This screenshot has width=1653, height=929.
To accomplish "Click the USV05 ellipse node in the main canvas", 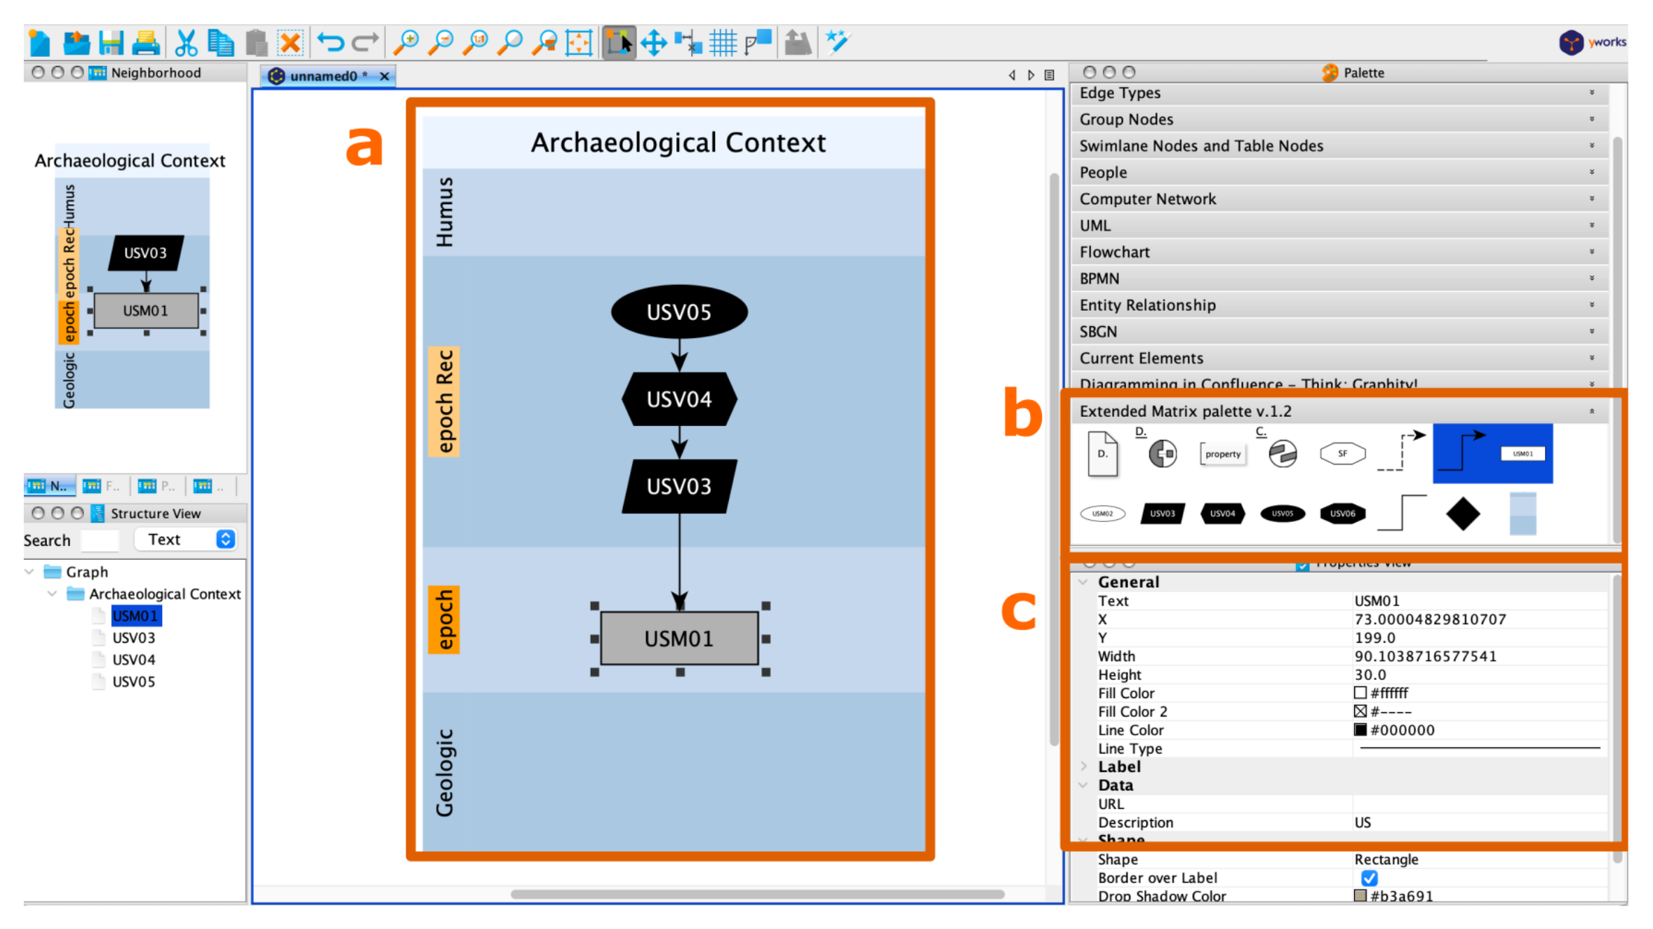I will (x=678, y=312).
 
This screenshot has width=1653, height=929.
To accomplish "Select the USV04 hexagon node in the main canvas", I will (x=678, y=399).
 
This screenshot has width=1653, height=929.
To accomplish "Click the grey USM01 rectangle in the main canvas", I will (x=678, y=638).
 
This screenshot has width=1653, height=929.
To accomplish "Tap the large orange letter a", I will (x=364, y=146).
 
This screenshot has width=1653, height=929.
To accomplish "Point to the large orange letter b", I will (x=1022, y=415).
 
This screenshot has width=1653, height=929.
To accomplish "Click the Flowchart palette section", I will (x=1114, y=252).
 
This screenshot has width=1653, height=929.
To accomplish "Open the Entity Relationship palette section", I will (x=1147, y=305).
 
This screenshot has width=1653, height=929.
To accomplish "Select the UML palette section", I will (x=1095, y=225).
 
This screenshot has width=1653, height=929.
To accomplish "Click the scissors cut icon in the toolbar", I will (x=185, y=43).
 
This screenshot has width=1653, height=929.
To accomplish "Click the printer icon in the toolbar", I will (x=146, y=43).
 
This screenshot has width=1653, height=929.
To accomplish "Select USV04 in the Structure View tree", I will (x=133, y=660).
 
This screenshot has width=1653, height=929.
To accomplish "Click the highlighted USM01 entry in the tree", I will (x=135, y=616).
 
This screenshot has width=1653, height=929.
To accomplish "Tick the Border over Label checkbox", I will (x=1369, y=878).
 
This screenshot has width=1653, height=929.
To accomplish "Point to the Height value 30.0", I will (x=1370, y=674).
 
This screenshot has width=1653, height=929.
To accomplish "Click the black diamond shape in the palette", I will (x=1463, y=514).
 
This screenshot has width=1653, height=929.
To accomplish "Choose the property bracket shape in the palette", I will (x=1222, y=454).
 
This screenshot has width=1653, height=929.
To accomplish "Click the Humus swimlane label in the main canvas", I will (x=445, y=212).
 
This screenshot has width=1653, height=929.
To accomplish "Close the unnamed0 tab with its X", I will (x=384, y=76).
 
